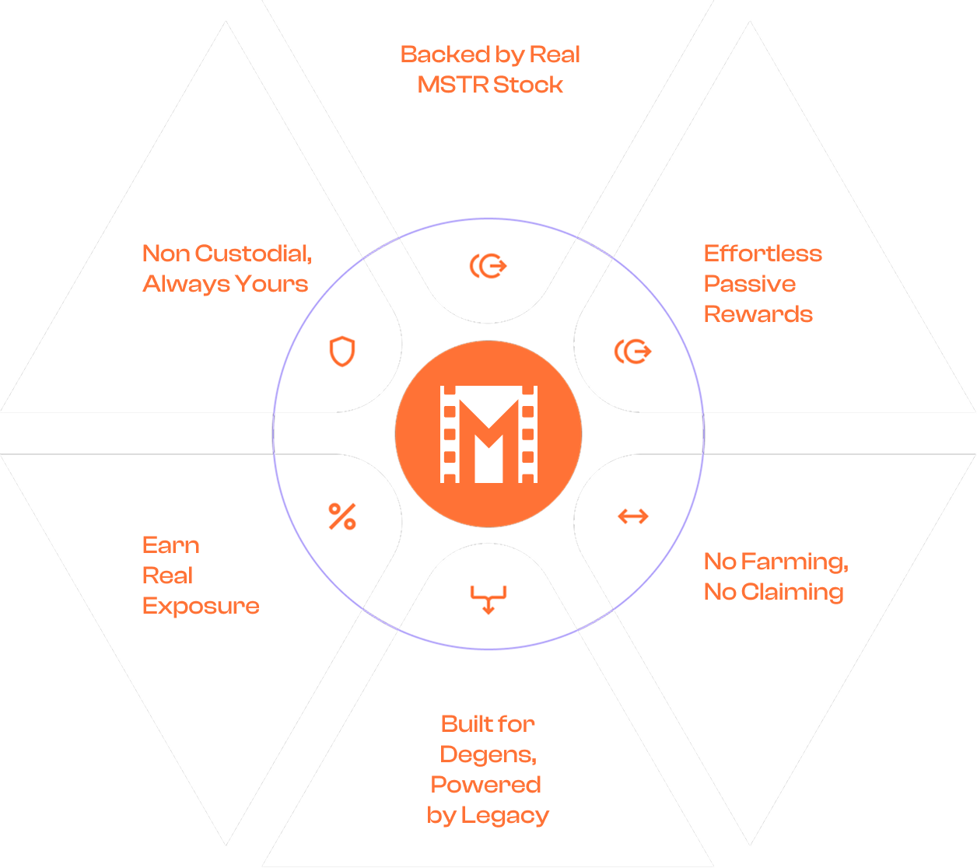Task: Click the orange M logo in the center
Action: [488, 434]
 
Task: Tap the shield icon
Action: [342, 352]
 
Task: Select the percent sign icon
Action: [342, 516]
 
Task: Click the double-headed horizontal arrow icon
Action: [633, 516]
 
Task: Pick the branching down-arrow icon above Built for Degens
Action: [488, 599]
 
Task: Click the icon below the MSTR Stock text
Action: [488, 267]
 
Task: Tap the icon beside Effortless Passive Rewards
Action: [633, 352]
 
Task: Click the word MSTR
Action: [446, 85]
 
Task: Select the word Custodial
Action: [253, 254]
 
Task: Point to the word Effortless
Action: [762, 254]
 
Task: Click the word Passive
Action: [749, 284]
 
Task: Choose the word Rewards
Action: [758, 314]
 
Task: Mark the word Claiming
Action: [792, 592]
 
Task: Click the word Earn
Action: [170, 545]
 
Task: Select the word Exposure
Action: [201, 606]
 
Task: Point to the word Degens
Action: [488, 754]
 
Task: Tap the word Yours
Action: [271, 284]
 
